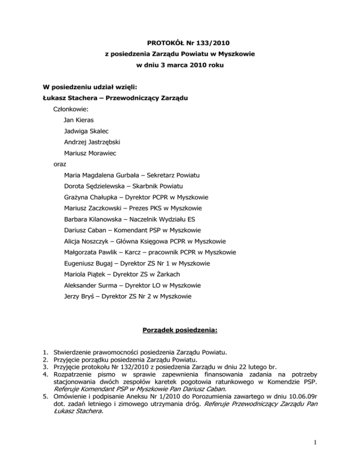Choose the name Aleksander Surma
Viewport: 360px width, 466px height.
(90, 285)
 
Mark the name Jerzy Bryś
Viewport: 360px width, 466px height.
(80, 296)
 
